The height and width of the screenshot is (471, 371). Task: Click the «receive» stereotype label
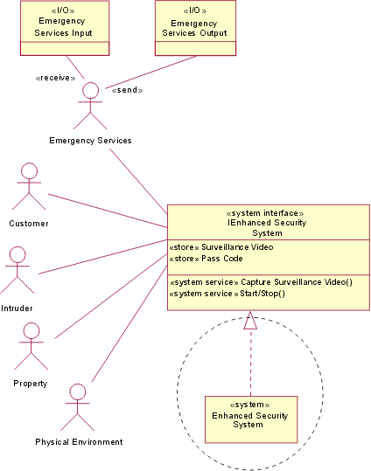pos(54,78)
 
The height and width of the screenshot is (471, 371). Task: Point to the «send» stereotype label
pos(127,90)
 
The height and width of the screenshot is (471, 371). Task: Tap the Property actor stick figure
pos(31,344)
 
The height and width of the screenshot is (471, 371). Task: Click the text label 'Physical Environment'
pos(79,441)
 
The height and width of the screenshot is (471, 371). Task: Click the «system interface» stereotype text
pos(265,212)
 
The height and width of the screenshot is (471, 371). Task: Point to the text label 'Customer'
pos(29,223)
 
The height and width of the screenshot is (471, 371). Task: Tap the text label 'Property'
pos(31,384)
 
